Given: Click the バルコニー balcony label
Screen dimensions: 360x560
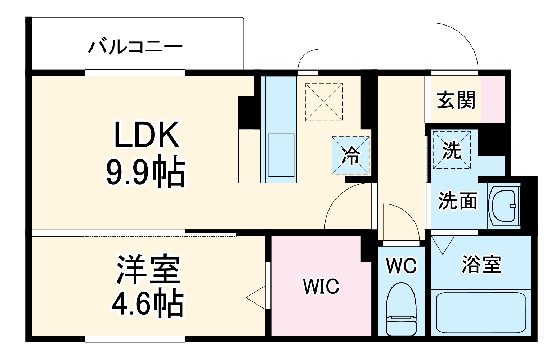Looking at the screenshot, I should (135, 47).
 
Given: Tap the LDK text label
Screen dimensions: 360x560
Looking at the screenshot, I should (146, 135).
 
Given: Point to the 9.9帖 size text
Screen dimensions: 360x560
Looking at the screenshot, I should (145, 172).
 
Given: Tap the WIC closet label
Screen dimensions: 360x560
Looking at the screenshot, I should (321, 286).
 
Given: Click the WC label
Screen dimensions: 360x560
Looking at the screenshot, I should (401, 266).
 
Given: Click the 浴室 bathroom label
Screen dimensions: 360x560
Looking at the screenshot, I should (481, 264).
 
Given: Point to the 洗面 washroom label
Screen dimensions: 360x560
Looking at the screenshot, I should (457, 201).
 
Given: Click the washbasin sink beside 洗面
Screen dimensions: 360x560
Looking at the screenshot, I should (504, 206).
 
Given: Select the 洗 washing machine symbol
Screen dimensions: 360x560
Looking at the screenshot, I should (452, 150).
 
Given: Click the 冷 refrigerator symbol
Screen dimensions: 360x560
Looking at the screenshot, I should (350, 156).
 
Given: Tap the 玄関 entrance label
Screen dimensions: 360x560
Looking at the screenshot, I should (456, 100).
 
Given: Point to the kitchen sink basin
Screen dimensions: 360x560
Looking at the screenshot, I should (281, 155).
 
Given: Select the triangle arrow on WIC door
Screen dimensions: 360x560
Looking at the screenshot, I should (256, 298).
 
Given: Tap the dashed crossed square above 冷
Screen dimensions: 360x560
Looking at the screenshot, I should (324, 102).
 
